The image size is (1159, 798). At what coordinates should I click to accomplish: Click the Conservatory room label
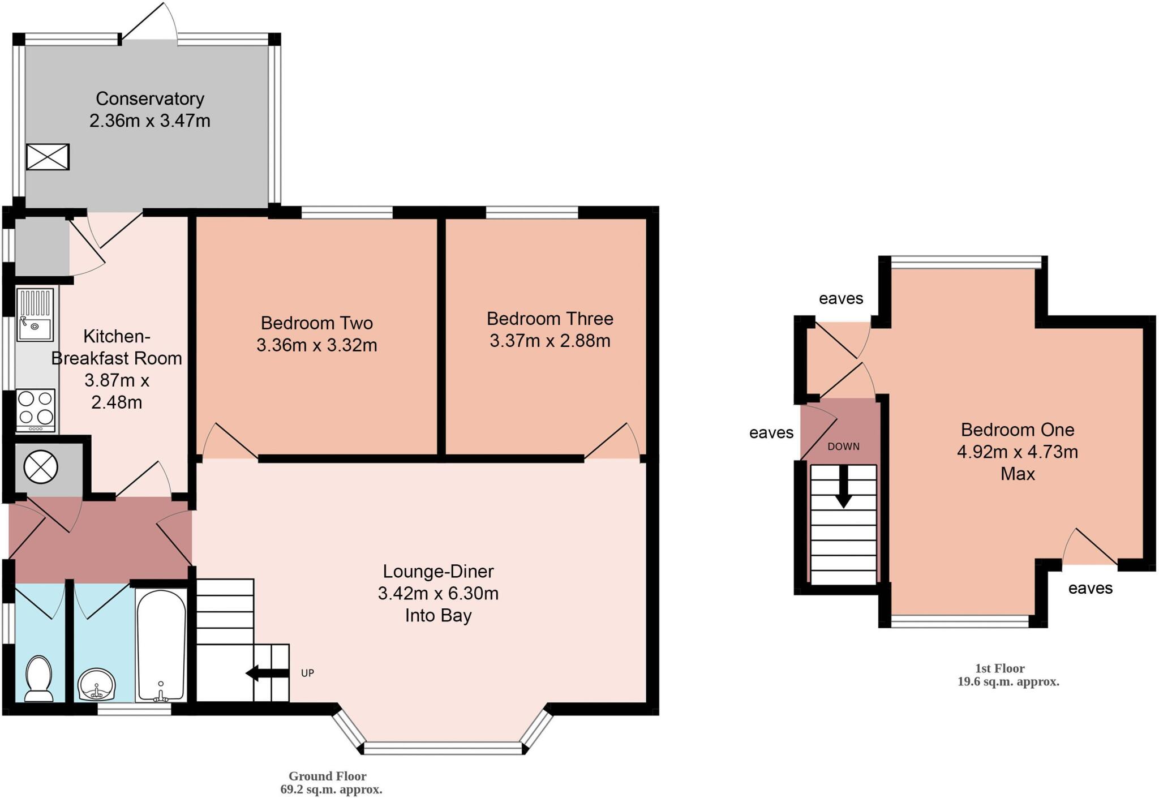[x=149, y=98]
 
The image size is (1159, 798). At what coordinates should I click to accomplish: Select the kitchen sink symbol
[x=35, y=315]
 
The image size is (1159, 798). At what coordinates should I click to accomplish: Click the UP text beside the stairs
[x=307, y=673]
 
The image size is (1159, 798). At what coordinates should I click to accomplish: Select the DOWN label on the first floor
[x=843, y=447]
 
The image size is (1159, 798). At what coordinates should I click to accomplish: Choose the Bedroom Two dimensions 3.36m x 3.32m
[x=316, y=345]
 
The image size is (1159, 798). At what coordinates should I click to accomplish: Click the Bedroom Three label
[x=550, y=319]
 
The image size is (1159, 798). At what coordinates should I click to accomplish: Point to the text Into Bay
[x=438, y=616]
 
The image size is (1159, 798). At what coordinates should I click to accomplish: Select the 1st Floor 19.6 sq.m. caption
[x=1007, y=675]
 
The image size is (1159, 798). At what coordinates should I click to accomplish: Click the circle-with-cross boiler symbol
[x=41, y=467]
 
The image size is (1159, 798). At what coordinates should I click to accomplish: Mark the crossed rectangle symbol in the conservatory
[x=48, y=157]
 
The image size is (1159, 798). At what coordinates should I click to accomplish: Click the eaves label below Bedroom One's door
[x=1090, y=589]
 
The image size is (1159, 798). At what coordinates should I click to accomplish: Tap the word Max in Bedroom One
[x=1017, y=474]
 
